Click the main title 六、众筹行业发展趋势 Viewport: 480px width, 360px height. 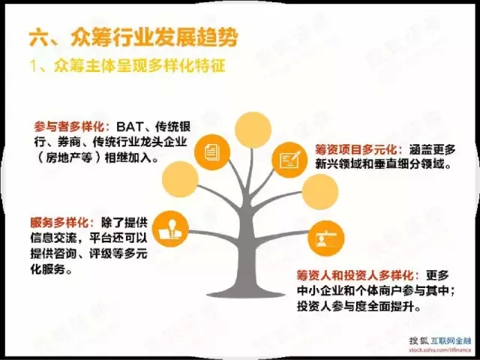coord(133,38)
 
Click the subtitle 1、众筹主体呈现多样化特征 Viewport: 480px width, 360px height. coord(127,66)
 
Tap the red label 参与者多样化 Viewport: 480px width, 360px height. coord(69,127)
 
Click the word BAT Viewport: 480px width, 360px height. coord(130,127)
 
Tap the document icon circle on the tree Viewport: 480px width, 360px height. coord(212,152)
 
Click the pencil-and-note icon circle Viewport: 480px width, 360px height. coord(289,160)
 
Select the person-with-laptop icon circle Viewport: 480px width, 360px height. coord(170,229)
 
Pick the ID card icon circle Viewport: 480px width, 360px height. coord(326,238)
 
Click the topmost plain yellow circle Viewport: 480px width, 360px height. coord(253,130)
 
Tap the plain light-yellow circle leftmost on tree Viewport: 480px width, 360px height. coord(180,179)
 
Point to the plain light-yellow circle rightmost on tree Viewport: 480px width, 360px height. coord(320,192)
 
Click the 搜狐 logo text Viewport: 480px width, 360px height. coord(418,340)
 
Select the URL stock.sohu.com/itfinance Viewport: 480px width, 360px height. coord(440,349)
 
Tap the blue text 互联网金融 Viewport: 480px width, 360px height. coord(451,340)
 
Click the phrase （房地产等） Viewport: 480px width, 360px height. coord(68,158)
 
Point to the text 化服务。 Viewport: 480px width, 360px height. coord(51,269)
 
